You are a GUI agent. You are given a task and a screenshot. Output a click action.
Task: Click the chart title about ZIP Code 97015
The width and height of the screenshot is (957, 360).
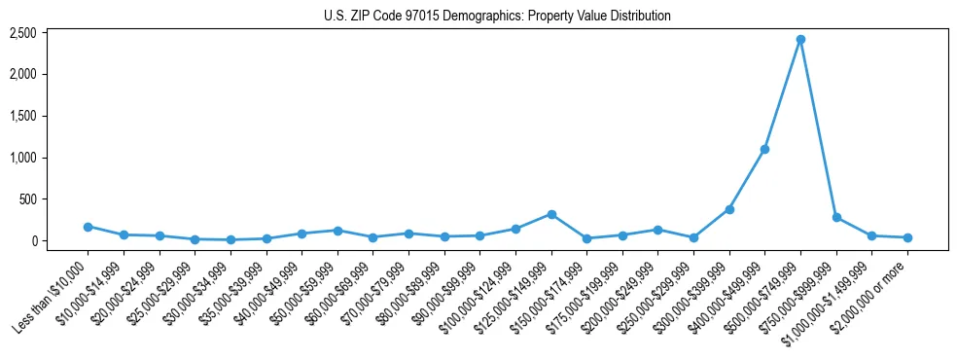[x=497, y=17]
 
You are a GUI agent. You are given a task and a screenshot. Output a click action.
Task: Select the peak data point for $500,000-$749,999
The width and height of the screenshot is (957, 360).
[x=800, y=40]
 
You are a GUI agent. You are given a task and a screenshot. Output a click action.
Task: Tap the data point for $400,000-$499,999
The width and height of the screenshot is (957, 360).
[x=764, y=149]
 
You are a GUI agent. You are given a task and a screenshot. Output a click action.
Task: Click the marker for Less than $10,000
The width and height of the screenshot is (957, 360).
[x=88, y=227]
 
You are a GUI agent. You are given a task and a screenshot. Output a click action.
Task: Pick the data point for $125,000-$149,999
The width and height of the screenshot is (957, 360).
[x=551, y=214]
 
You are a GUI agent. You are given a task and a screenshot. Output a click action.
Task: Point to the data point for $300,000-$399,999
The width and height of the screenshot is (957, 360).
[x=729, y=209]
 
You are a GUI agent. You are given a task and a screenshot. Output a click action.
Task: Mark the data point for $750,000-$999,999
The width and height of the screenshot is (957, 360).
[x=836, y=217]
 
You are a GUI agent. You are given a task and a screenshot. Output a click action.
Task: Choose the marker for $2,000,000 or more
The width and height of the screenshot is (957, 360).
[x=907, y=237]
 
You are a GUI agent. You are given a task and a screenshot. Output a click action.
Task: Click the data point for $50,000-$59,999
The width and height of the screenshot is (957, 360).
[x=337, y=231]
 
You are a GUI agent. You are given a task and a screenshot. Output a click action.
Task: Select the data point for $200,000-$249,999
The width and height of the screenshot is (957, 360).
[x=657, y=230]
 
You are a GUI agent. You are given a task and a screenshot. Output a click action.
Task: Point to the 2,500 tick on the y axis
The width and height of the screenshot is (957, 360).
[x=50, y=33]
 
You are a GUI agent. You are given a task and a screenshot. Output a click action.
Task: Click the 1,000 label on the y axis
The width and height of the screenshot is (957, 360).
[x=50, y=158]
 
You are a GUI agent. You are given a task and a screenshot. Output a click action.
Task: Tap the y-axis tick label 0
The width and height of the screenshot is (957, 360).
[x=59, y=241]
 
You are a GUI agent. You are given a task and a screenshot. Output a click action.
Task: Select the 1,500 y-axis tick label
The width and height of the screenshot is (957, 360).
[x=50, y=116]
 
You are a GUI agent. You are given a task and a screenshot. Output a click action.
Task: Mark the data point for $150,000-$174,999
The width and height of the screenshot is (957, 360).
[x=586, y=238]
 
